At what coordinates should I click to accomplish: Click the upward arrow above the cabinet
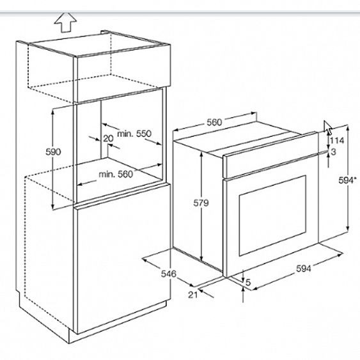65,22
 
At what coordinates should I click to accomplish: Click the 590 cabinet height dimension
53,152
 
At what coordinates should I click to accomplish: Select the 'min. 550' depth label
134,134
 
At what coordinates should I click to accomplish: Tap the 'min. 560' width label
116,175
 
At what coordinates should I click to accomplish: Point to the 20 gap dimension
108,139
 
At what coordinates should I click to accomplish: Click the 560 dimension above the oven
214,122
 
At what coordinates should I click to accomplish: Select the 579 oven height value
201,203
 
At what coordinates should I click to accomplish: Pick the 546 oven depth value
169,274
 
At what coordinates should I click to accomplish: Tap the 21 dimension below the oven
193,295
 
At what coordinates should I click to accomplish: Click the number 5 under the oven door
248,283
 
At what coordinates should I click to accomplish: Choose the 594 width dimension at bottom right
304,269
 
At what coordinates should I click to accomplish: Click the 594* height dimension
347,180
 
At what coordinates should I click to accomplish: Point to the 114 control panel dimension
337,140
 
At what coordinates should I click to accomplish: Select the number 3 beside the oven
334,152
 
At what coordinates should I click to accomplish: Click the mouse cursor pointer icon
328,127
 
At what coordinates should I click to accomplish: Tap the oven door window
273,215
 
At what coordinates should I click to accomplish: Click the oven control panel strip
270,155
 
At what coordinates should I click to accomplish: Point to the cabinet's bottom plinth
117,322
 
